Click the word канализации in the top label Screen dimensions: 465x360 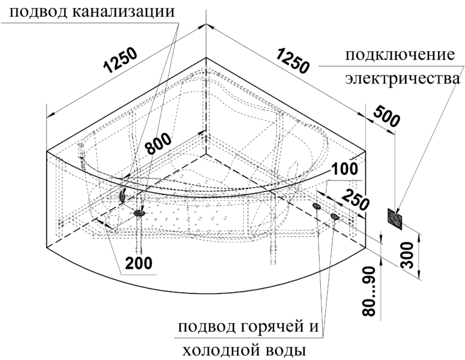point(124,12)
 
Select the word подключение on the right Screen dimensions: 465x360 point(400,56)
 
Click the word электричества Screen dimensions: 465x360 point(403,79)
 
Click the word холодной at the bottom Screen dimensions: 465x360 point(219,351)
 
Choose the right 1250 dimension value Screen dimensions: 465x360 point(293,61)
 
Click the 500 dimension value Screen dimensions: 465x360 point(387,116)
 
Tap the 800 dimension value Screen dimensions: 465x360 point(159,144)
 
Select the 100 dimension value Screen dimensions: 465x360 point(345,169)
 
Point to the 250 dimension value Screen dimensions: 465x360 point(356,201)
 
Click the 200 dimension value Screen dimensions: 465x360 point(139,262)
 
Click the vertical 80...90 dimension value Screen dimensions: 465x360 point(369,291)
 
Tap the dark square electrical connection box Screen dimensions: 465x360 point(395,219)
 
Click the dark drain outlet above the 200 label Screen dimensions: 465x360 point(140,213)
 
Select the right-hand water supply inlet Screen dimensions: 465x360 point(334,216)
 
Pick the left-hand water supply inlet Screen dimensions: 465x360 point(317,206)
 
